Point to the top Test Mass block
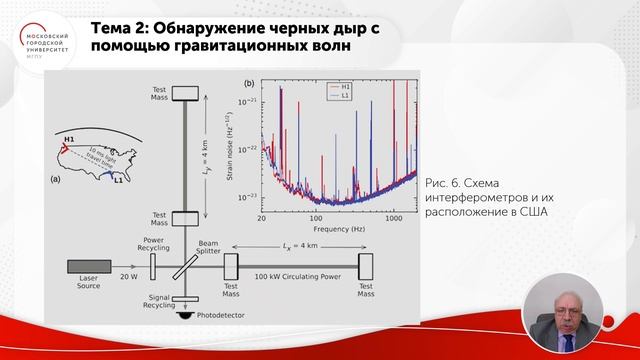(x=187, y=92)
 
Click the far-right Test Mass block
(x=365, y=268)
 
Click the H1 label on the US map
(x=69, y=137)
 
